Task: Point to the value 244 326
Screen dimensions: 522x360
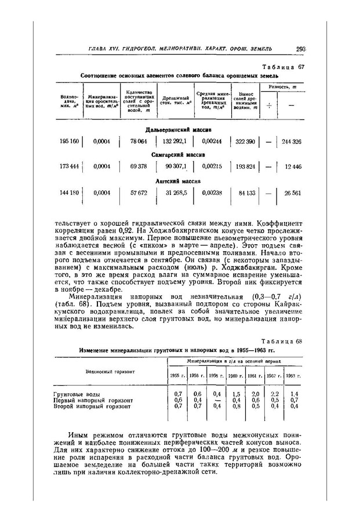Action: pyautogui.click(x=291, y=142)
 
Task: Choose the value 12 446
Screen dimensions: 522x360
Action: pyautogui.click(x=293, y=167)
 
